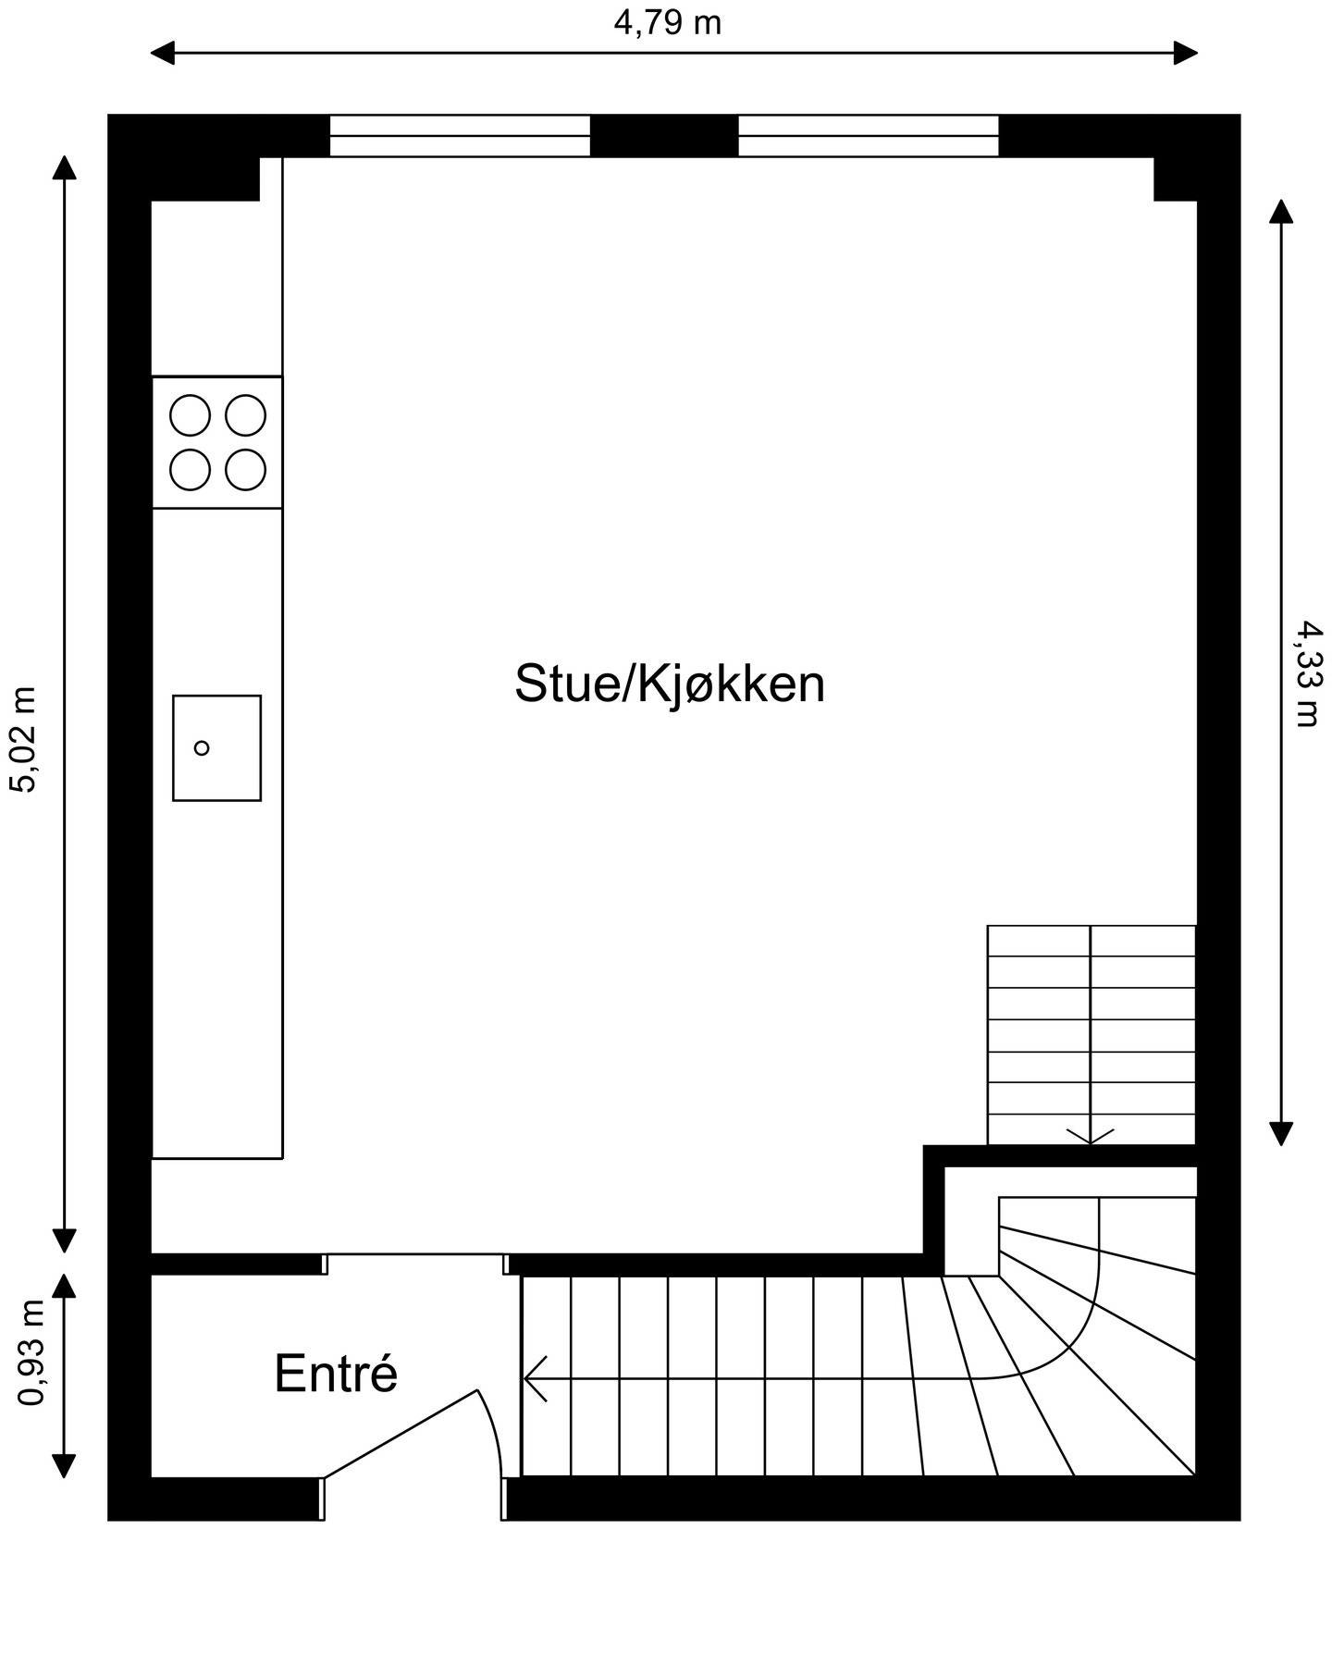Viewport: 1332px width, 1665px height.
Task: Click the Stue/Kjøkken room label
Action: pos(670,684)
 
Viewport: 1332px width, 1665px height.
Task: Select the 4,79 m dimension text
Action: pos(667,23)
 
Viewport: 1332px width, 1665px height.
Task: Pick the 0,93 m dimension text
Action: pos(31,1352)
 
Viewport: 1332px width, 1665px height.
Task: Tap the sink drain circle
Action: pos(202,747)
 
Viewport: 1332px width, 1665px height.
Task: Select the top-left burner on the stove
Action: pos(190,415)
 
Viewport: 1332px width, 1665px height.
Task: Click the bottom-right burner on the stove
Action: pos(245,470)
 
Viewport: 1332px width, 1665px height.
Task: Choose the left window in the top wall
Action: pos(460,136)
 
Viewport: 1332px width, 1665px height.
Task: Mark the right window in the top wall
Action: pos(868,136)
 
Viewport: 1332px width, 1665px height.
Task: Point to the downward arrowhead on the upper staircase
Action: pos(1091,1136)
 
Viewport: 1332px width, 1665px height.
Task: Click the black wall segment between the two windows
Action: pos(663,136)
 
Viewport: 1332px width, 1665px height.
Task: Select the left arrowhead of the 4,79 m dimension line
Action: pos(162,53)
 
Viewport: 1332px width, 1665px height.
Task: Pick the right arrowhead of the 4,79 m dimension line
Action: pos(1187,53)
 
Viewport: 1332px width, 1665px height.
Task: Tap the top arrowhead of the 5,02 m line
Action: pos(64,167)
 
